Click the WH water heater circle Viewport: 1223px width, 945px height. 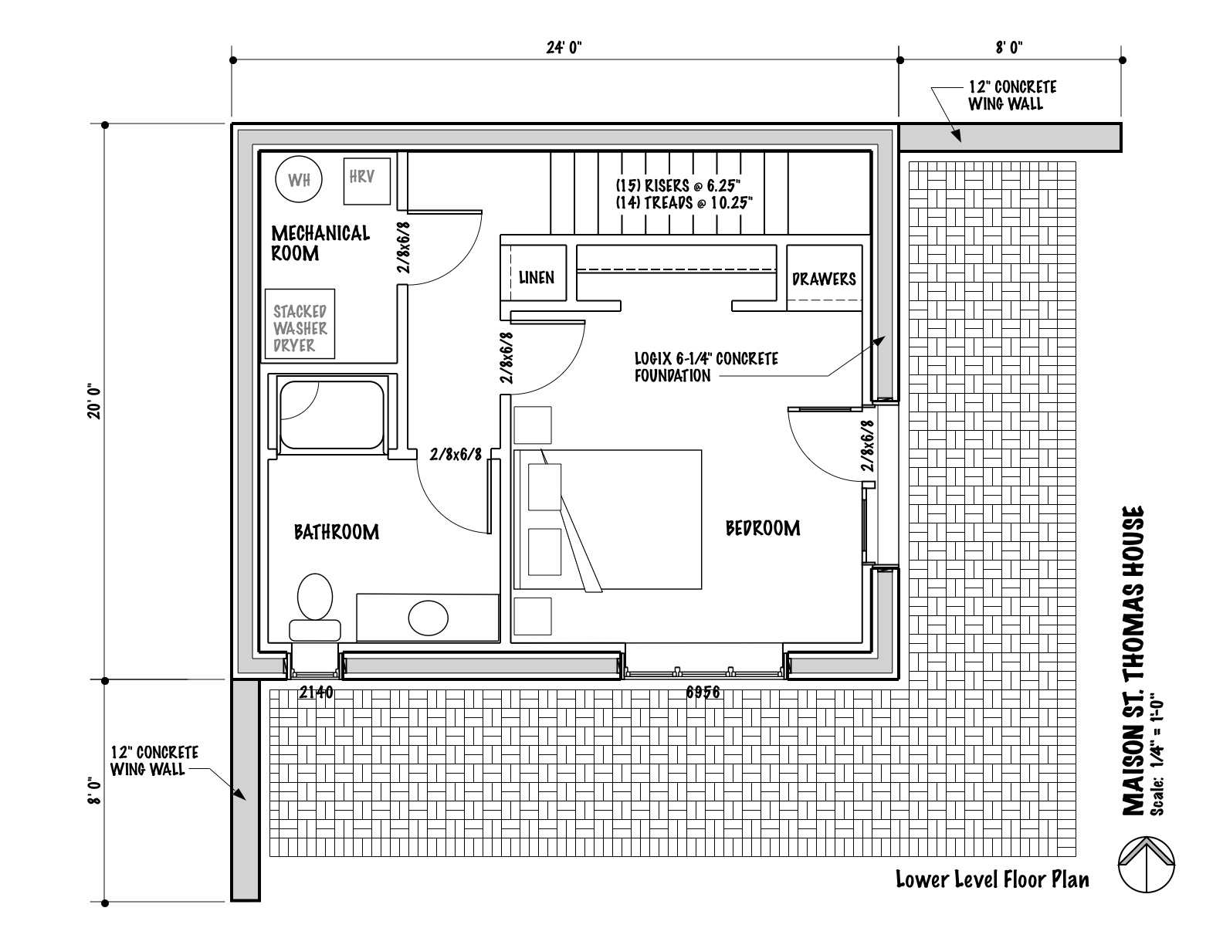[299, 180]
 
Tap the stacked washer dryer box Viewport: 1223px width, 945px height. [300, 324]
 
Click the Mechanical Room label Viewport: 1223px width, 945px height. [320, 242]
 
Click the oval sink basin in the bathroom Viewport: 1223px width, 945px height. [428, 617]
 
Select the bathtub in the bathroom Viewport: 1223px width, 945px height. [332, 414]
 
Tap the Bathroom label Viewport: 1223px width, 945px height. [337, 532]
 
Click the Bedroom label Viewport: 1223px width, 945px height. [763, 528]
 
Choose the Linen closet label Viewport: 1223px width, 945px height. [536, 277]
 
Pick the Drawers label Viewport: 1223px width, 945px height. [824, 279]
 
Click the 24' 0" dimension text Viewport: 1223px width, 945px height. [564, 48]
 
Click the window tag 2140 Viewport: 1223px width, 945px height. [316, 693]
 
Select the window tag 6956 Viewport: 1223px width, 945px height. [703, 693]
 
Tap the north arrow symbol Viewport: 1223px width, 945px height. [1147, 865]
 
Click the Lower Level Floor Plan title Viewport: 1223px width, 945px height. [992, 879]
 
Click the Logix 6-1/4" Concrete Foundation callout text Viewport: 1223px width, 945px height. [706, 367]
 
